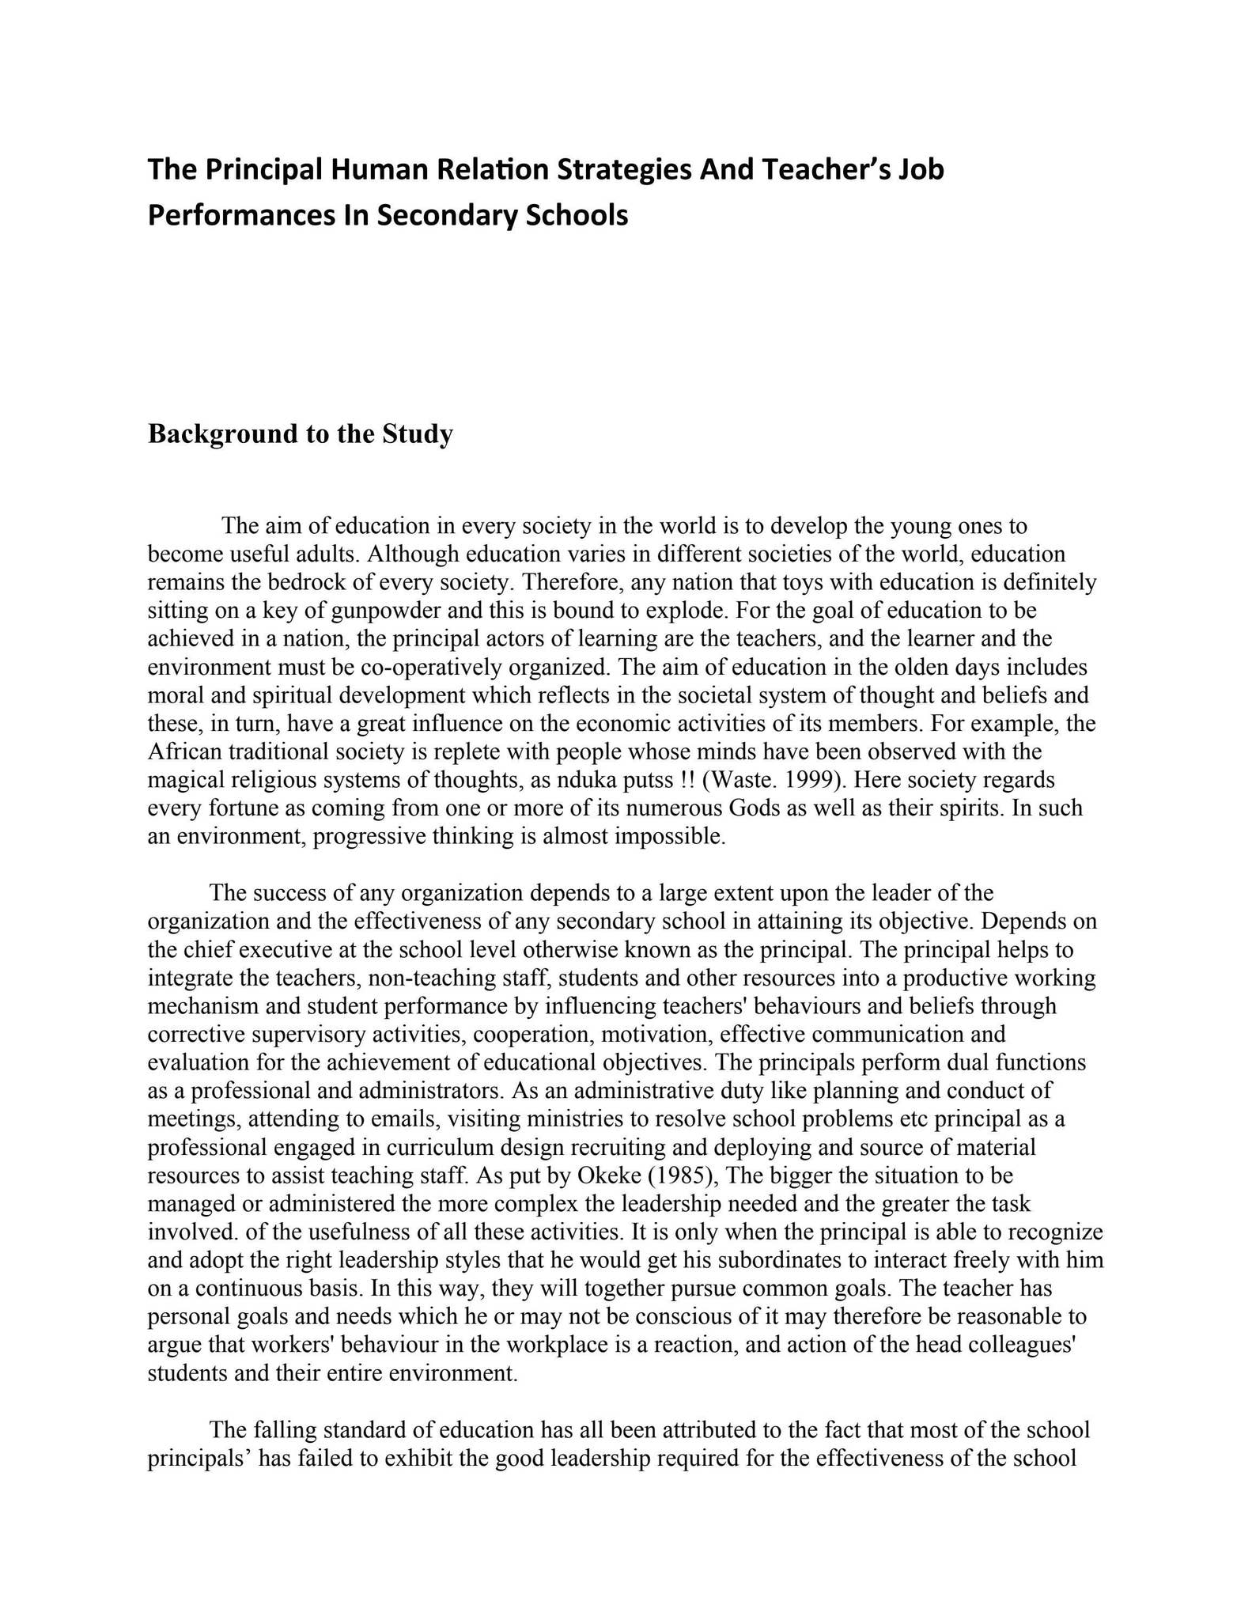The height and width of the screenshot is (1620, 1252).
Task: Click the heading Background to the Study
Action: coord(301,433)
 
